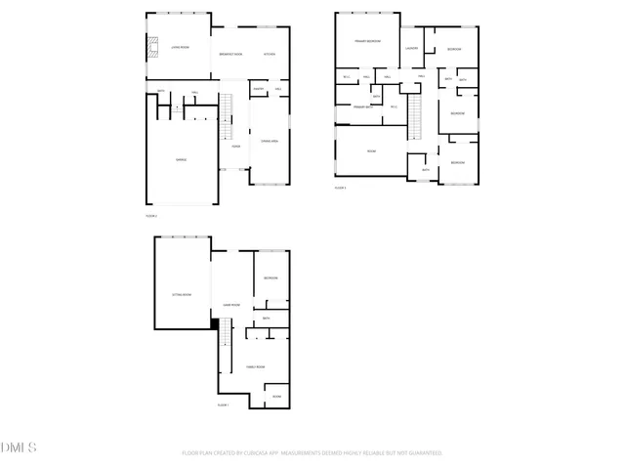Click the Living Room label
click(179, 46)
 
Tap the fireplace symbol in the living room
click(151, 48)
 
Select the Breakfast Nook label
click(230, 54)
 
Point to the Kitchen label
click(270, 54)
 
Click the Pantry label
click(258, 90)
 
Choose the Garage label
click(181, 159)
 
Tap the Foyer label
click(235, 147)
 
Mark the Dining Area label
click(270, 142)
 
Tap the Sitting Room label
click(182, 294)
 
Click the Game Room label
click(232, 305)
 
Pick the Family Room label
click(255, 366)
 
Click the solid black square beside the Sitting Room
click(215, 324)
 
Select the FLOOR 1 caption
click(223, 405)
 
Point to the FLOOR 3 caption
click(340, 188)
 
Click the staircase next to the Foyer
click(228, 116)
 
